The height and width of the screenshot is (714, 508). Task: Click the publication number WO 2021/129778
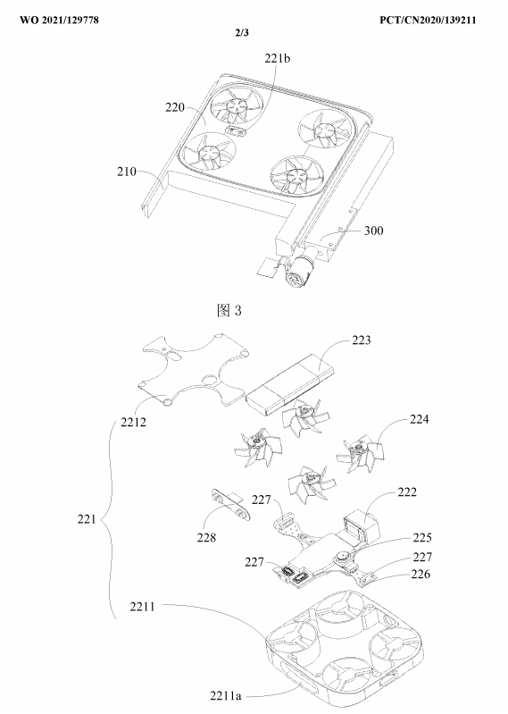(59, 20)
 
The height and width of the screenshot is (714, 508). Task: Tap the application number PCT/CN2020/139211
(428, 20)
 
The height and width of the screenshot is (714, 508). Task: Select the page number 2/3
(242, 33)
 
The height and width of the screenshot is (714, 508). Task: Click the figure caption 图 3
(229, 311)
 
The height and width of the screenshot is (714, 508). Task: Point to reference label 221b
(278, 58)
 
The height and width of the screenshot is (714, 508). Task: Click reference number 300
(373, 231)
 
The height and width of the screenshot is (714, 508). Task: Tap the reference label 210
(127, 172)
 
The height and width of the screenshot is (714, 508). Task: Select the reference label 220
(175, 107)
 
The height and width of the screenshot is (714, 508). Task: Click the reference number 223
(361, 340)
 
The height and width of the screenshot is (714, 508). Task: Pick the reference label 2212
(134, 422)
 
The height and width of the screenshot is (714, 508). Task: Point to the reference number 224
(419, 419)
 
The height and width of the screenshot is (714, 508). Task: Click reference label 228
(206, 538)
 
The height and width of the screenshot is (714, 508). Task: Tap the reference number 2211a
(226, 696)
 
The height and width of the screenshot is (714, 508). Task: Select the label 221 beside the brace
(87, 518)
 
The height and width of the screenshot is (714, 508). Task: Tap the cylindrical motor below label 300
(298, 271)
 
